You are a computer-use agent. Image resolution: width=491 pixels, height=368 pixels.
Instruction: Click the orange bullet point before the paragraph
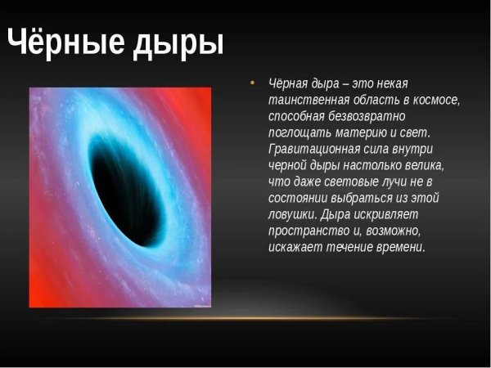pos(252,83)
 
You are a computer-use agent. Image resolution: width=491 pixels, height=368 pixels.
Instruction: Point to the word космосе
pos(434,101)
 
